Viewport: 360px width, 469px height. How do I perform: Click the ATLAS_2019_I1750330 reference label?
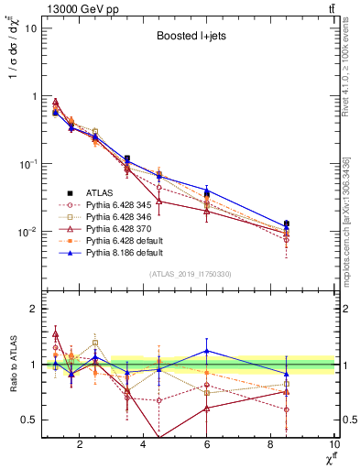tap(189, 275)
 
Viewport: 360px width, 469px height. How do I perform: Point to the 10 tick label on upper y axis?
tap(29, 27)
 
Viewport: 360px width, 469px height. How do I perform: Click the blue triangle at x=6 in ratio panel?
tap(207, 351)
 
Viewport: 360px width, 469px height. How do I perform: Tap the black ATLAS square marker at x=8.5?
tap(287, 224)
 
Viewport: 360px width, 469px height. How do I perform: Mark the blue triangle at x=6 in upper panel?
tap(207, 190)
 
